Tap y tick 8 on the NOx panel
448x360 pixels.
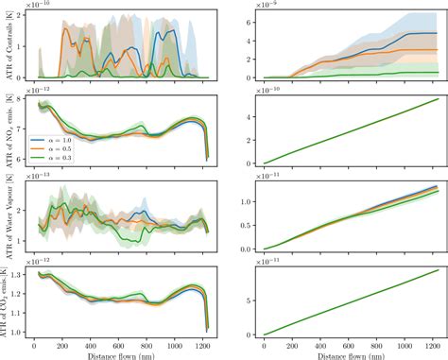23,105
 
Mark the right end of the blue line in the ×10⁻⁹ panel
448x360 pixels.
438,33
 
